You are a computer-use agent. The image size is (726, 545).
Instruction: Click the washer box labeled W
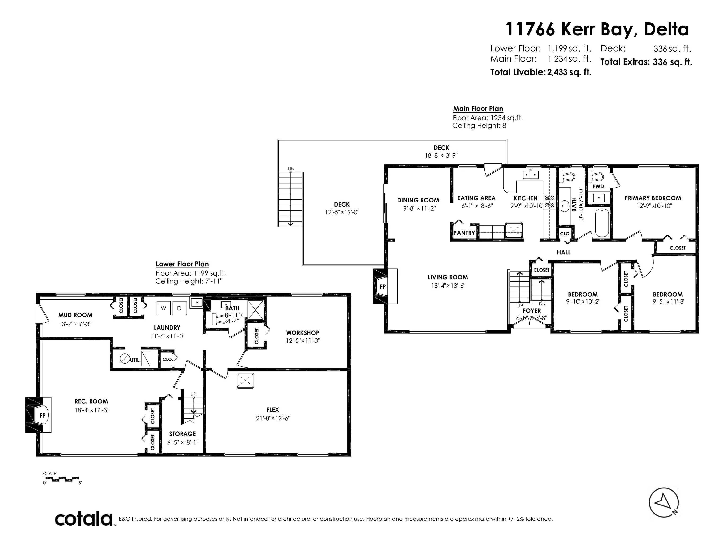[x=164, y=308]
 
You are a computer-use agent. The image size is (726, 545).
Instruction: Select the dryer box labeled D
[x=179, y=308]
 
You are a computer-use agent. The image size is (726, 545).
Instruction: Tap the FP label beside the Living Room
[x=383, y=286]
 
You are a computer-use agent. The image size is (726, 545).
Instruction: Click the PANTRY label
[x=464, y=233]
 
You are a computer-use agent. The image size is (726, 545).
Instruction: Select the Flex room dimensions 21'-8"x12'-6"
[x=273, y=418]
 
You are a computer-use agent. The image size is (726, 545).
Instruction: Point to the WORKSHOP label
[x=302, y=333]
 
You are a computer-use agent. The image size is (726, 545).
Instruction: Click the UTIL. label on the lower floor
[x=135, y=360]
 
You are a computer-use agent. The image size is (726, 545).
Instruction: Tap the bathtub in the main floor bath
[x=602, y=223]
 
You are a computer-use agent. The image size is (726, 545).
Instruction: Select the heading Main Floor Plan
[x=478, y=108]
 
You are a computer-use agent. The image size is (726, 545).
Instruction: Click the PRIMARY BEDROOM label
[x=653, y=198]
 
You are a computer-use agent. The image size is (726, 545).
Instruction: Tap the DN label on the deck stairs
[x=291, y=168]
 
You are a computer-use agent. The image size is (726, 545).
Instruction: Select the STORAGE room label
[x=182, y=434]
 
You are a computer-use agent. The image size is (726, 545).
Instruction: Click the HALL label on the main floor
[x=564, y=252]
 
